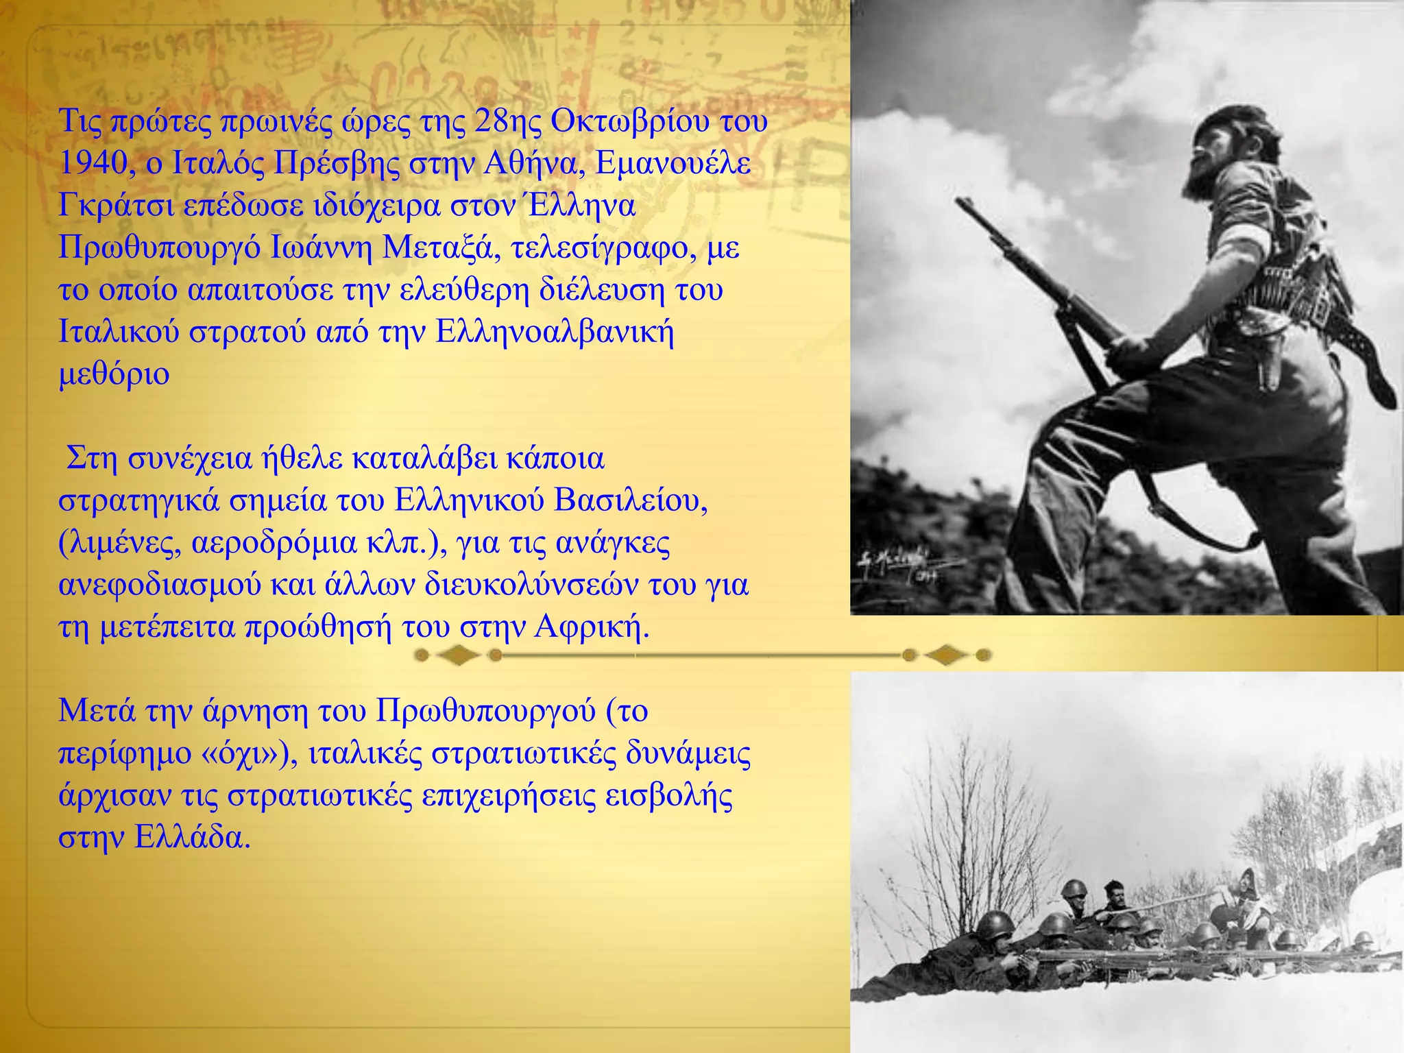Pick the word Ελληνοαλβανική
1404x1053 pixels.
point(554,332)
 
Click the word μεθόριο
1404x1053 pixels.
point(114,375)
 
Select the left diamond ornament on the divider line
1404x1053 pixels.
point(458,656)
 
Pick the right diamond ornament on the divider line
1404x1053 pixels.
point(946,656)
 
